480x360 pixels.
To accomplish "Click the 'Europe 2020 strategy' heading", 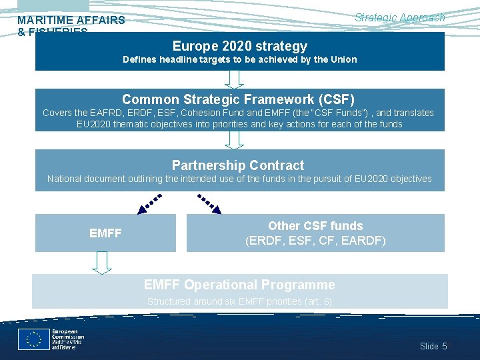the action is coord(239,46).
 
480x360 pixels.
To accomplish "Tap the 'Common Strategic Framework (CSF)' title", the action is coord(238,99).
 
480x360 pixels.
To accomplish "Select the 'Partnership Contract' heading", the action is coord(238,165).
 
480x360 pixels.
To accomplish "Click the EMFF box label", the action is coord(105,233).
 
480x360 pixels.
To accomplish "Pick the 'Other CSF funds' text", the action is coord(315,226).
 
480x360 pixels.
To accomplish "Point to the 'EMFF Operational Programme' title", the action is coord(239,285).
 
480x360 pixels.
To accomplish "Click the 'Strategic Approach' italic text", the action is coord(399,18).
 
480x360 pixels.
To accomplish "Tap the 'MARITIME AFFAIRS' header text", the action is coord(71,20).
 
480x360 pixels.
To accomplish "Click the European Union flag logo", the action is coord(33,339).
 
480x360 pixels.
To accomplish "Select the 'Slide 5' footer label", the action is coord(433,346).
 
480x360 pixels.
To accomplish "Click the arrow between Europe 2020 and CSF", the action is coord(234,79).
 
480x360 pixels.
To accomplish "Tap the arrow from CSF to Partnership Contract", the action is coord(234,140).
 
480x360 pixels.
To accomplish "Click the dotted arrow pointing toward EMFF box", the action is coord(150,203).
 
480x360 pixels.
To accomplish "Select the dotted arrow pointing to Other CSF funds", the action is coord(210,203).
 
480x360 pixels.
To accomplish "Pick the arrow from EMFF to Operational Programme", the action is coord(101,263).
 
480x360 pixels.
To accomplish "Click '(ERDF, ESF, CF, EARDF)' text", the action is coord(315,240).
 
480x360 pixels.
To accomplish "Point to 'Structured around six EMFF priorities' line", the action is coord(239,301).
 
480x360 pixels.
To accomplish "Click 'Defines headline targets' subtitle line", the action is coord(239,59).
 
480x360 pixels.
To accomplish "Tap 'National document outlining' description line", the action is coord(239,179).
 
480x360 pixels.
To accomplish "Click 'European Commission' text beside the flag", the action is coord(65,335).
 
